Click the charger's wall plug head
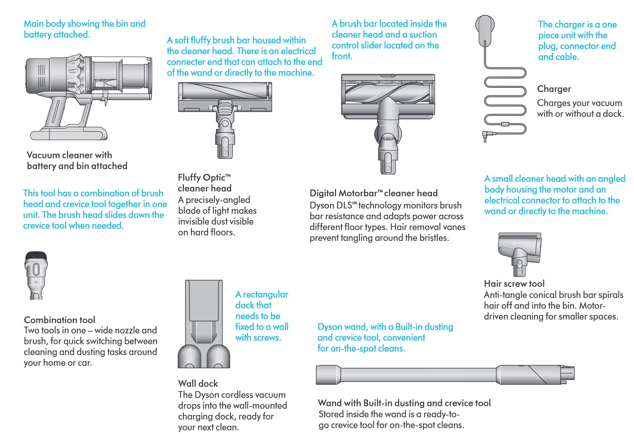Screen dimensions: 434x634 coord(485,27)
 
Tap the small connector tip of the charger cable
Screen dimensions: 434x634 coord(485,136)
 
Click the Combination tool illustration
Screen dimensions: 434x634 coord(36,275)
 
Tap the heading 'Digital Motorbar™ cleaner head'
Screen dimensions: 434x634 coord(373,193)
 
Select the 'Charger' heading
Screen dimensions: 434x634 coord(554,89)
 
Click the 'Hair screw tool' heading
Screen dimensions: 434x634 coord(514,284)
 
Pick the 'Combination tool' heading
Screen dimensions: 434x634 coord(59,320)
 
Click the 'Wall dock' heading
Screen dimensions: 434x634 coord(198,384)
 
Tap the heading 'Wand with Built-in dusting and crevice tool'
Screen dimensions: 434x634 coord(404,403)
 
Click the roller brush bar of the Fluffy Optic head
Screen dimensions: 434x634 coord(224,91)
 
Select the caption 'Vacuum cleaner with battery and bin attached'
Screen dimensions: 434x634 coord(77,160)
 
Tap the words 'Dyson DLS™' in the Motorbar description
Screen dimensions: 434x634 coord(333,205)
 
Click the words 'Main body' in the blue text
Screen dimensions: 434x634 coord(45,24)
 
